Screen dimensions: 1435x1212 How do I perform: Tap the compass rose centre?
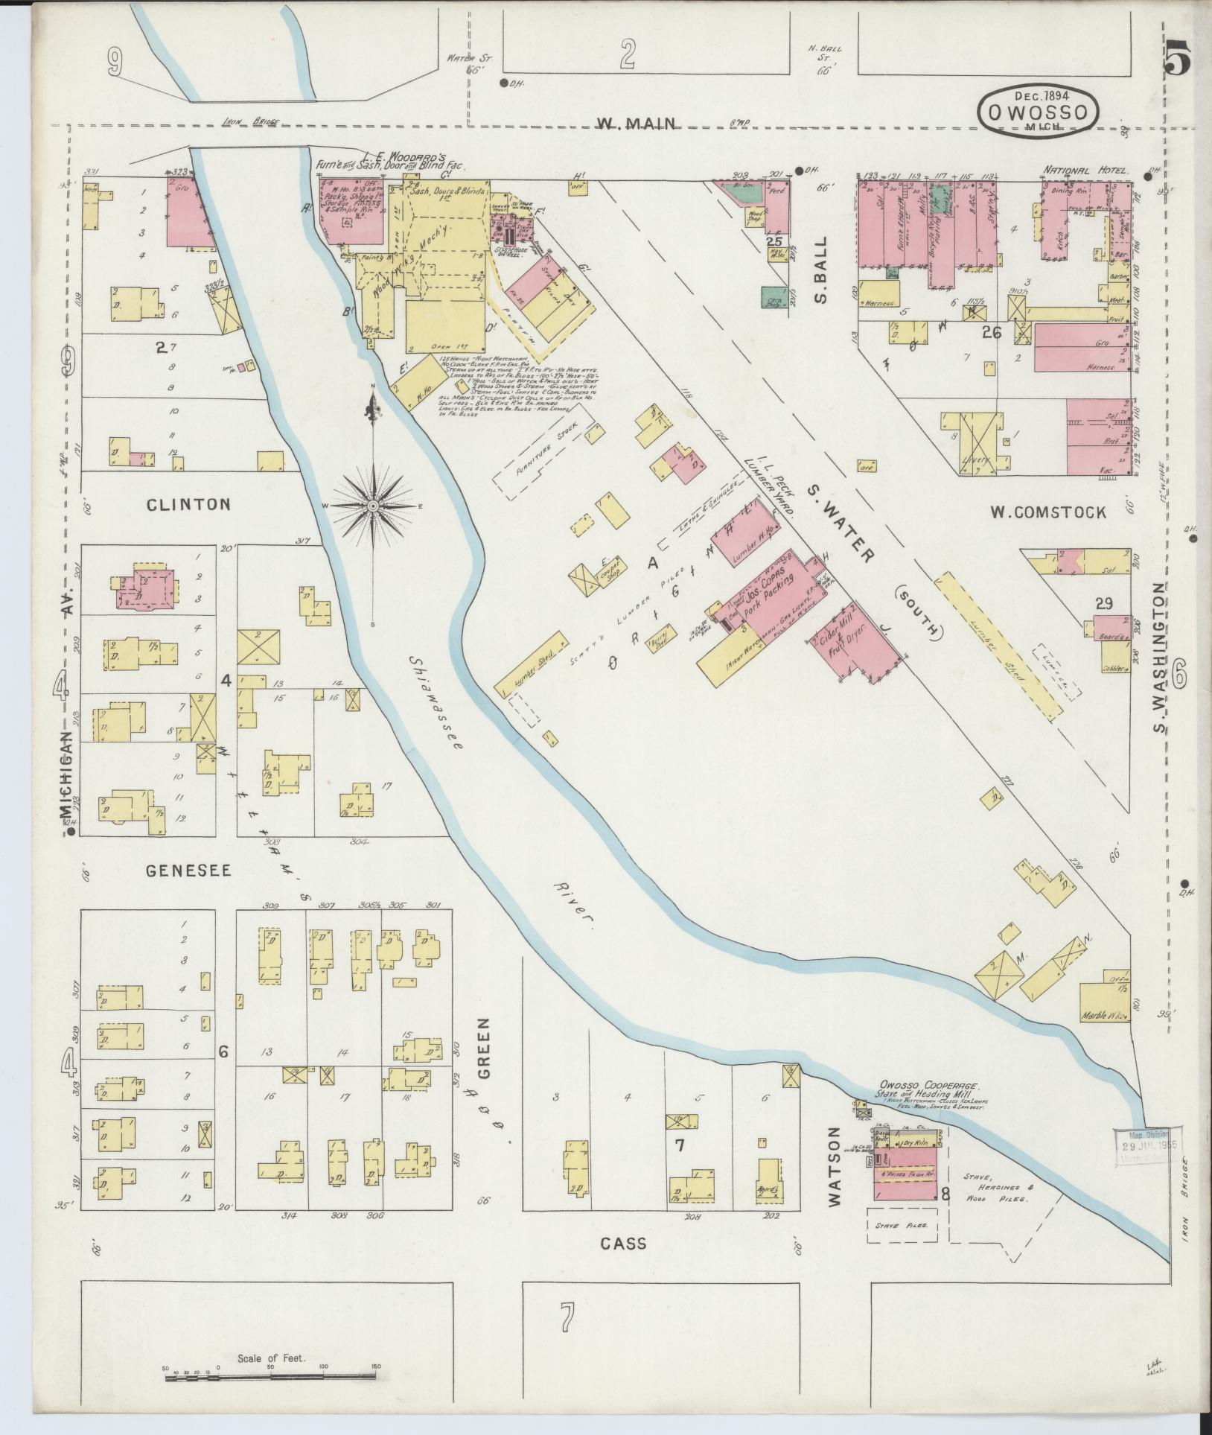[372, 506]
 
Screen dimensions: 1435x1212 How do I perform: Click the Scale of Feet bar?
[272, 1369]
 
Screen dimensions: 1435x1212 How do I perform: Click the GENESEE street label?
[188, 870]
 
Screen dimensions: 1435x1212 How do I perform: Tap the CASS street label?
[624, 1243]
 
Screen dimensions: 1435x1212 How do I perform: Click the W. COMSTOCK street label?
[1047, 512]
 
